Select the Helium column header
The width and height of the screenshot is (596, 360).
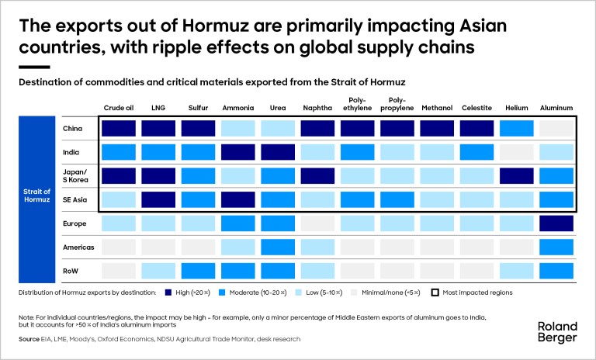click(515, 108)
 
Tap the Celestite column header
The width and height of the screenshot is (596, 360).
click(476, 108)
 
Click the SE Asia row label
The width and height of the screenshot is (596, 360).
click(74, 199)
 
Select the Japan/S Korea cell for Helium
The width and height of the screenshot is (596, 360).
click(515, 176)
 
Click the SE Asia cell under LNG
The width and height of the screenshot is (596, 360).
click(158, 199)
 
